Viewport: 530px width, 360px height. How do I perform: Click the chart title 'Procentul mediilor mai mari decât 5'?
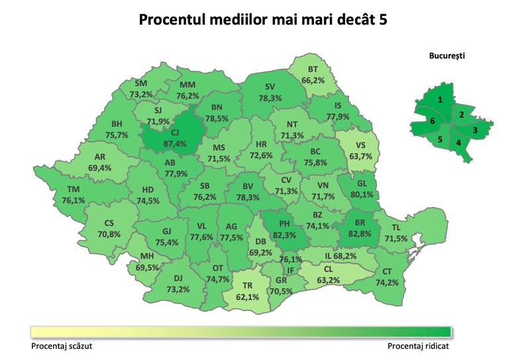(263, 19)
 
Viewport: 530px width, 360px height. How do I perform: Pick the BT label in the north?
(313, 70)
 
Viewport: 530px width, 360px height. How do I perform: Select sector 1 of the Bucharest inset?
(440, 99)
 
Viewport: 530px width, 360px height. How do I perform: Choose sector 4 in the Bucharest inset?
(458, 143)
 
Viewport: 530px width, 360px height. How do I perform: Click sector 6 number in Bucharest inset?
(432, 122)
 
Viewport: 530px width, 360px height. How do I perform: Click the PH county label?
(284, 223)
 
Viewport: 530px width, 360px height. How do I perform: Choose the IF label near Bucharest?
(290, 270)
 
